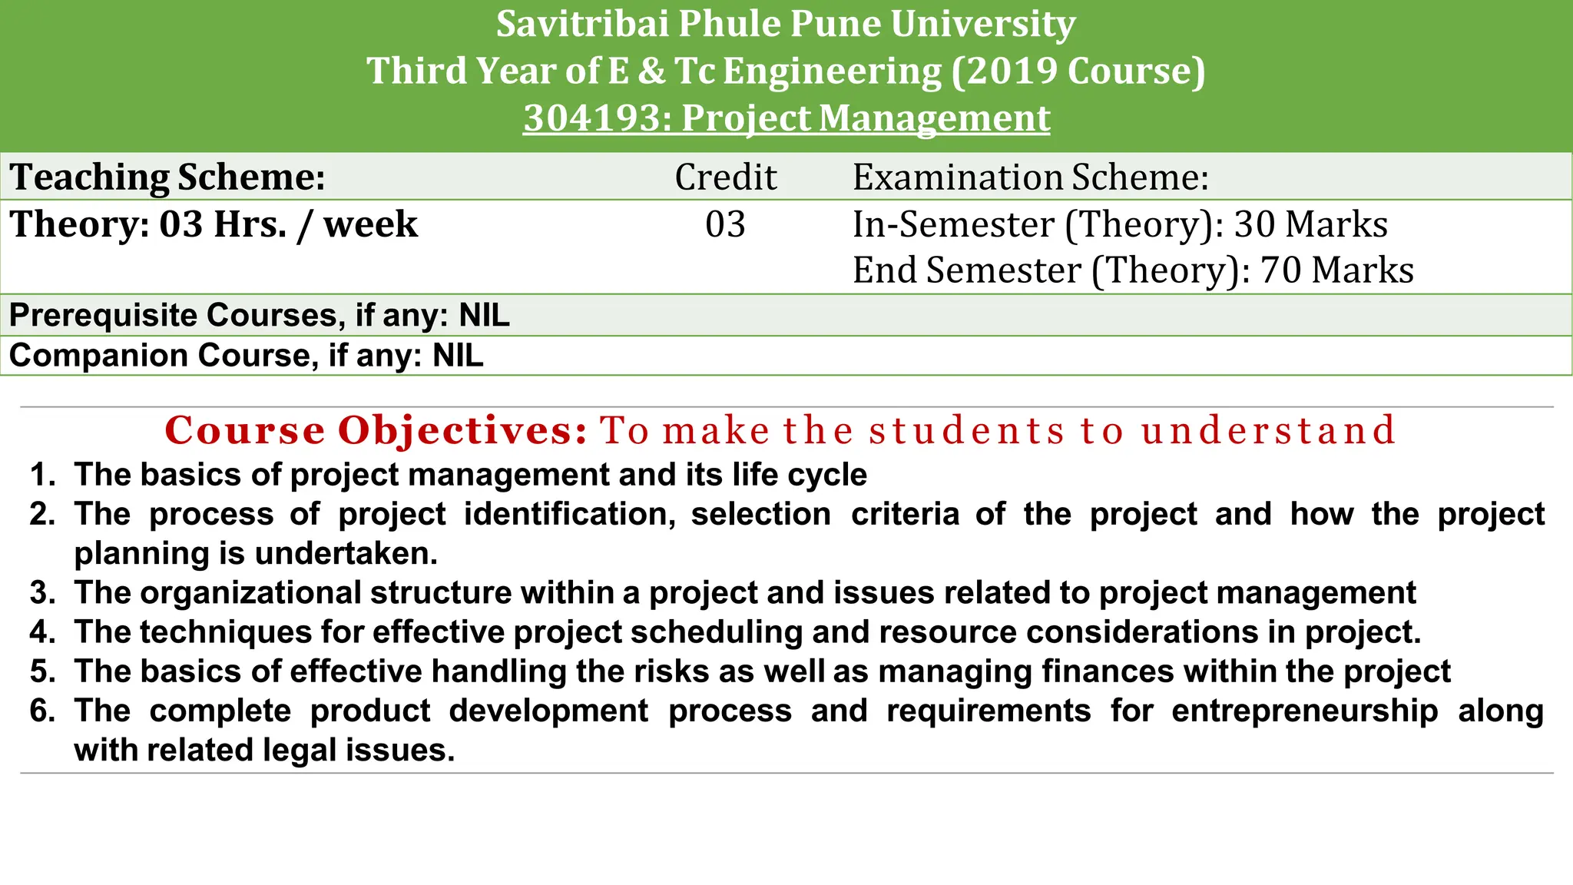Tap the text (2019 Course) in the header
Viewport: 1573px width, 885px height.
tap(1078, 71)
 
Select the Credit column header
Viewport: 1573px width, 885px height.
tap(726, 177)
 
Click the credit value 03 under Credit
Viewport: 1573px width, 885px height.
tap(726, 224)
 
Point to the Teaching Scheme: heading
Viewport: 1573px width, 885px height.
tap(167, 177)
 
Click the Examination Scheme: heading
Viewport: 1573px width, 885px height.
tap(1031, 177)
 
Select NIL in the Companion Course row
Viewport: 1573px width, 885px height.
tap(458, 356)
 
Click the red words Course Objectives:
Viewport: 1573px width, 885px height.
tap(376, 430)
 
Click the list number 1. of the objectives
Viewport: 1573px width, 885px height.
tap(43, 475)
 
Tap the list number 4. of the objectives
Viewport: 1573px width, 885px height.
tap(43, 632)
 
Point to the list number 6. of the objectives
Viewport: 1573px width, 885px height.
tap(43, 711)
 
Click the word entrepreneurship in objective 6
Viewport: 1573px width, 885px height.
tap(1304, 711)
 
